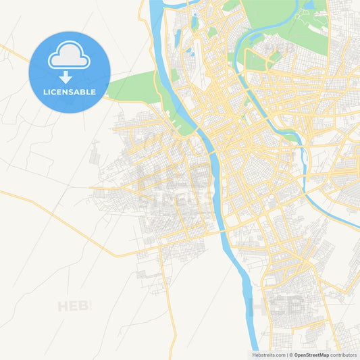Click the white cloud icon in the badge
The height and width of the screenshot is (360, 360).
(69, 57)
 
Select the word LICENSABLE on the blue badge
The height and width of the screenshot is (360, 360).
(69, 92)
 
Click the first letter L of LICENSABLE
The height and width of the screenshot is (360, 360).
(45, 92)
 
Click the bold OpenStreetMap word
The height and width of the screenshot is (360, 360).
(311, 355)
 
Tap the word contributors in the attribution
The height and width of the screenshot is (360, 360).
(343, 355)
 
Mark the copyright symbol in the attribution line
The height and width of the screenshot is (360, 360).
(290, 355)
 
